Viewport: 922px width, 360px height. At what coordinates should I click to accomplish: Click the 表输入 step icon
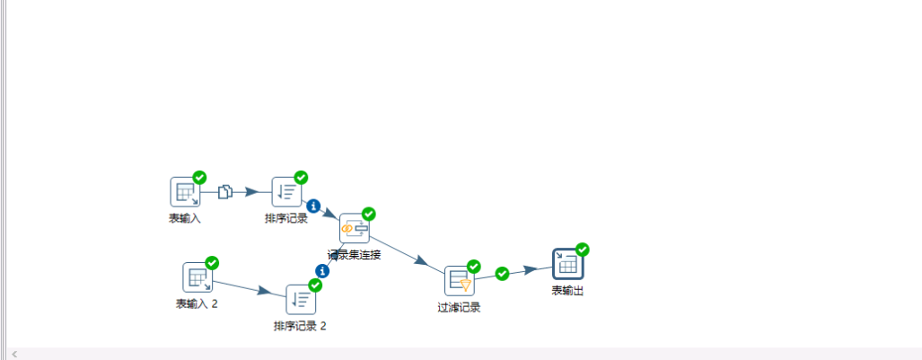[x=184, y=191]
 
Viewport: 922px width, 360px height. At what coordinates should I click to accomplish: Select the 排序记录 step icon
[x=286, y=191]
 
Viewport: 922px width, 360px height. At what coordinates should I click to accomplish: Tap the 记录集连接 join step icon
[x=354, y=228]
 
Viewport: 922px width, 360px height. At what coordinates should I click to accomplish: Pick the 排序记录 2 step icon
[x=300, y=299]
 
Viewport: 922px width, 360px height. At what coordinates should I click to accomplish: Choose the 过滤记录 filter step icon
[x=459, y=280]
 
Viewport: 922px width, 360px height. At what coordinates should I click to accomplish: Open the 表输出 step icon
[x=567, y=264]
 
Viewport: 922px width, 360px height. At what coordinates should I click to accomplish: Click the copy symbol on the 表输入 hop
[x=226, y=191]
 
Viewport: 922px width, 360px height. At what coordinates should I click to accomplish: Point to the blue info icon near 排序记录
[x=313, y=206]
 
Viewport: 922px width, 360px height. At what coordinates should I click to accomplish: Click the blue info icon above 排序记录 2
[x=322, y=270]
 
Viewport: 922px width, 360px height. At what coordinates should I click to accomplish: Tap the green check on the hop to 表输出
[x=502, y=274]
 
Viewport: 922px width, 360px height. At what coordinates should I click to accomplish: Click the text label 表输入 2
[x=197, y=303]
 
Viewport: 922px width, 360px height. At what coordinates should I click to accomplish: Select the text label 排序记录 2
[x=300, y=325]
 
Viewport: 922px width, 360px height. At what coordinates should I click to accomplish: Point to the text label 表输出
[x=567, y=290]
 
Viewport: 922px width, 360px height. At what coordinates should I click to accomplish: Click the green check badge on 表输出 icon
[x=582, y=250]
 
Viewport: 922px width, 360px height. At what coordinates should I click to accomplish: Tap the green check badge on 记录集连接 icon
[x=368, y=214]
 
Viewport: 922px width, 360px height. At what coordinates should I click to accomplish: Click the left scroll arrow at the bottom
[x=14, y=354]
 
